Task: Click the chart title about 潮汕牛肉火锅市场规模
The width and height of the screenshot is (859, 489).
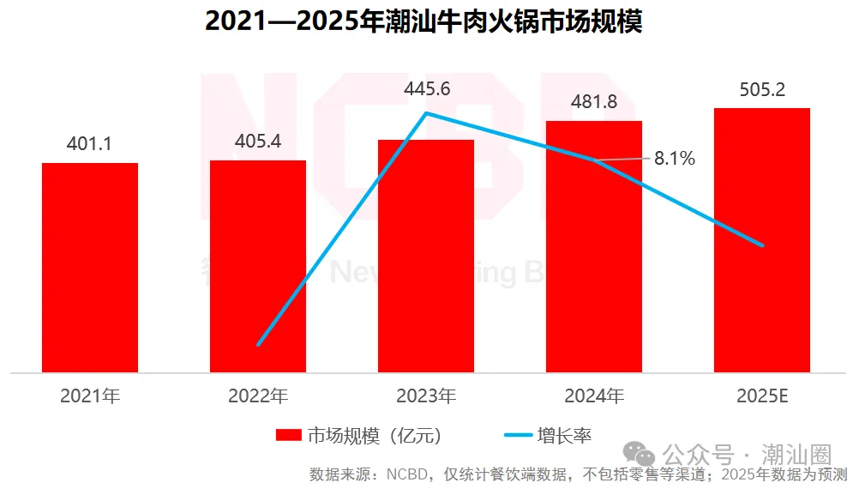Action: (423, 21)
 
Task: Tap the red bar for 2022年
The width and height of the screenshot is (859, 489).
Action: (258, 266)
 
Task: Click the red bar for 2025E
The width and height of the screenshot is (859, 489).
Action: (762, 240)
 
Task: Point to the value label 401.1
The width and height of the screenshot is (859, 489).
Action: (89, 144)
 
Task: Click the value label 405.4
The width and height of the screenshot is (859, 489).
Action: (257, 141)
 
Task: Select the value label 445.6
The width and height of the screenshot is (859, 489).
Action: (426, 88)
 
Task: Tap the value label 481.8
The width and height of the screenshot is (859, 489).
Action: (594, 102)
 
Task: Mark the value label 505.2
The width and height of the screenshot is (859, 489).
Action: (762, 89)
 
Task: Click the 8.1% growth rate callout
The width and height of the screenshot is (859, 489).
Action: (674, 159)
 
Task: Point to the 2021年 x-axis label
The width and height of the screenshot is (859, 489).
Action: (90, 396)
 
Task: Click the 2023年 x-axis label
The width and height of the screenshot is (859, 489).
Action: (426, 396)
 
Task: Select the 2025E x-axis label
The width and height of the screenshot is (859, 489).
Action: (762, 396)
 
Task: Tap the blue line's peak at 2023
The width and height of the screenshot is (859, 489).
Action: (426, 112)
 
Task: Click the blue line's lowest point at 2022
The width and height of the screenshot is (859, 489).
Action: (258, 345)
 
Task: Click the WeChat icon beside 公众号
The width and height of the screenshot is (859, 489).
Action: (639, 452)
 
